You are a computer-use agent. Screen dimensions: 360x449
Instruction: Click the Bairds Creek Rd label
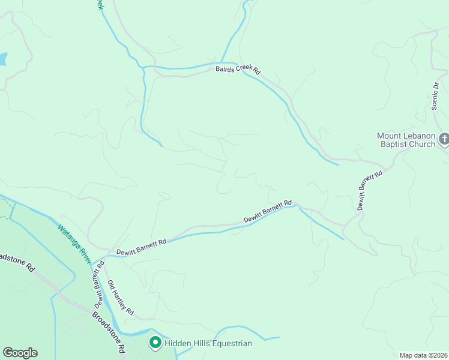[238, 70]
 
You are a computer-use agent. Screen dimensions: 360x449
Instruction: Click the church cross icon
[444, 140]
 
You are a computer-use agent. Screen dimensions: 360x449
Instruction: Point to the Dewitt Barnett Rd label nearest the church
[369, 190]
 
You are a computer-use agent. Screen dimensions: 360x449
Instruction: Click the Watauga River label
[74, 244]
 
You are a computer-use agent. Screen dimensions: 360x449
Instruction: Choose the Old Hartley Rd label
[120, 298]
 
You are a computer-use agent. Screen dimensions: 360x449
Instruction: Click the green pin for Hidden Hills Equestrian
[155, 343]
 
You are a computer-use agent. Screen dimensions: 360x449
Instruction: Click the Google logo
[20, 353]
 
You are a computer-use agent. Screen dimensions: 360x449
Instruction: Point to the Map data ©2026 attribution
[424, 355]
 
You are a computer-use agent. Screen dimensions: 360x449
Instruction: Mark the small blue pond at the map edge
[2, 59]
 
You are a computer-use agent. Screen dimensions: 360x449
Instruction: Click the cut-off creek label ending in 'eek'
[100, 5]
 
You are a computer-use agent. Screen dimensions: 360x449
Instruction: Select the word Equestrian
[231, 343]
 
